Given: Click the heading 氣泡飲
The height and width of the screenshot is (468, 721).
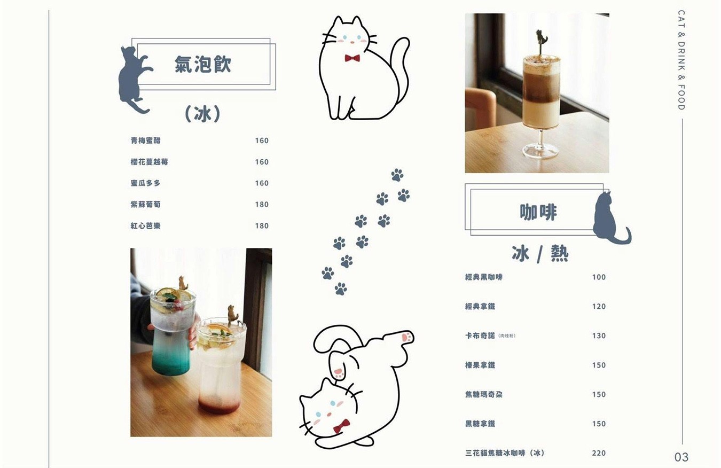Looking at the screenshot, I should pos(203,64).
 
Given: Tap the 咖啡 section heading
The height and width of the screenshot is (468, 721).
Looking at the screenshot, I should pos(538,212).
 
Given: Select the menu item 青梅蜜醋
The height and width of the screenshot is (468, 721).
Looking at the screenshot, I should pos(145,141).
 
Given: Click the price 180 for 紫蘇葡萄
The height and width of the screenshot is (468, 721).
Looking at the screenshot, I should pos(262,205).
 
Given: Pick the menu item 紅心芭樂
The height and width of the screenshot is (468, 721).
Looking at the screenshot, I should pos(145,226).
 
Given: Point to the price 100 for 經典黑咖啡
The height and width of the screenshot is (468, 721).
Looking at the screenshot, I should pos(599,277).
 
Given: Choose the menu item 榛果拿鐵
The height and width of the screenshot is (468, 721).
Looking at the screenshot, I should pos(480,365).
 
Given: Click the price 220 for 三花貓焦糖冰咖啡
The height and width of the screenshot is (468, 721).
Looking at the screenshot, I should pos(599,453).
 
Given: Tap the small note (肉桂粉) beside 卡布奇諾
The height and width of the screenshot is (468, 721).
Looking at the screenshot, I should pos(506,336).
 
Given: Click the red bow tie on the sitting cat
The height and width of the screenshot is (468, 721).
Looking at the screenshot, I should pos(351,58).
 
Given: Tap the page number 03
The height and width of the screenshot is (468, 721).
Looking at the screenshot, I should pos(681,457).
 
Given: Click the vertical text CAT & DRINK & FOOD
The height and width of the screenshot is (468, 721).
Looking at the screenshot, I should pos(681,60).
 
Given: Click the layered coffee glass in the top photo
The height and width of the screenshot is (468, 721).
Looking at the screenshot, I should pos(541,93).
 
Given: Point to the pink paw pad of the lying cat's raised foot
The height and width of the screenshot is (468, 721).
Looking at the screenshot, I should pos(406,337).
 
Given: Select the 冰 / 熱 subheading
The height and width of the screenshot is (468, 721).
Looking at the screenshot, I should pos(540,254).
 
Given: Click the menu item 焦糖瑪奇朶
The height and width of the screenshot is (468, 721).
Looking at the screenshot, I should pos(483,394).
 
